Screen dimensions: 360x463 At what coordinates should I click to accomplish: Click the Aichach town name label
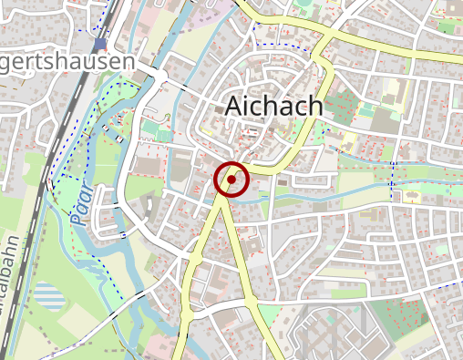tap(273, 107)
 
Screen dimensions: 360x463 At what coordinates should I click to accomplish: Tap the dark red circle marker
tap(231, 180)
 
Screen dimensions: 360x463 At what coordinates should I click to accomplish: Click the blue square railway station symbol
tap(99, 44)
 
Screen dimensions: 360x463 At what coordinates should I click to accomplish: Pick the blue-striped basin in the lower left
tap(49, 295)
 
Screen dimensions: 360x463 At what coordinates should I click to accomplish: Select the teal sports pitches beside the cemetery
tap(365, 110)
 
